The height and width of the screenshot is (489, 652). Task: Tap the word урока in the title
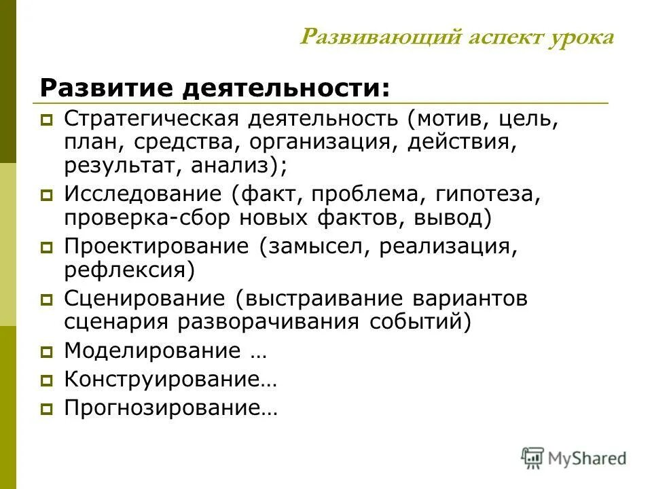tap(581, 37)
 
